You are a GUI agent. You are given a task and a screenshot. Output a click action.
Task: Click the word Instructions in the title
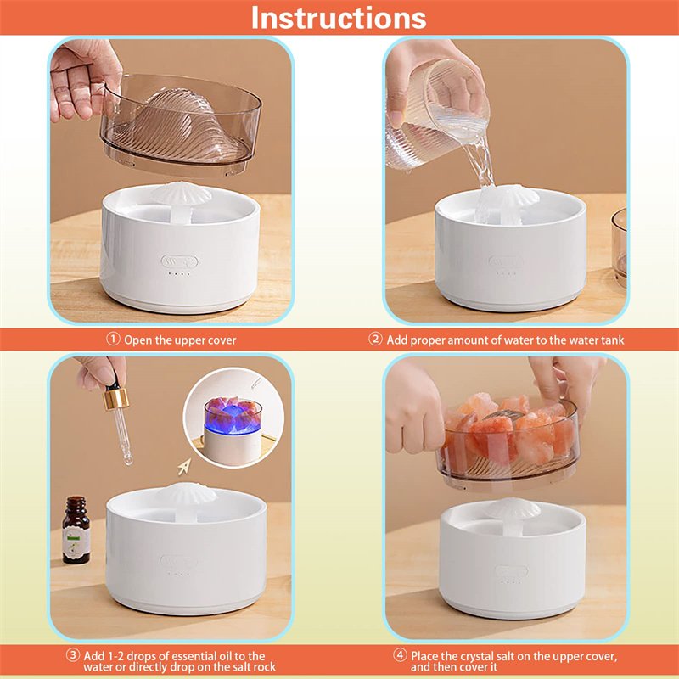(339, 18)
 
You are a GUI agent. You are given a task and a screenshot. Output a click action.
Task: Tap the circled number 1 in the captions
(113, 339)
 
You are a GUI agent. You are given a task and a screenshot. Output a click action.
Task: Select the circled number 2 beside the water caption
(375, 339)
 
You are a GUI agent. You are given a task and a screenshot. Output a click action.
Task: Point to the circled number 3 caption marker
(73, 654)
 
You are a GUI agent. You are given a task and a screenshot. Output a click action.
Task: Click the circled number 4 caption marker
(399, 654)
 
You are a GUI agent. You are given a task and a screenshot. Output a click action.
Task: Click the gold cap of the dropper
(116, 398)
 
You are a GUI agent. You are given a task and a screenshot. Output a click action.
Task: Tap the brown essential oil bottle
(76, 530)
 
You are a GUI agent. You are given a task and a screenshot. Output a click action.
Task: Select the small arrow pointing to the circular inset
(184, 467)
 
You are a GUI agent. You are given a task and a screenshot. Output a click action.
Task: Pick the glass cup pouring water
(437, 115)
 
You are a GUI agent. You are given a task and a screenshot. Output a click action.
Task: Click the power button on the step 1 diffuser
(179, 261)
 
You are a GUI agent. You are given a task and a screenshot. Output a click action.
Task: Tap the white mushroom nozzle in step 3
(187, 498)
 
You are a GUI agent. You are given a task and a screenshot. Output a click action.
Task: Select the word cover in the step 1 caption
(222, 340)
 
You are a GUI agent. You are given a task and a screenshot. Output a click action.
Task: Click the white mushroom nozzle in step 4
(513, 513)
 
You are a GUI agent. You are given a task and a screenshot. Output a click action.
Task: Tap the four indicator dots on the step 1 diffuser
(179, 273)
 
